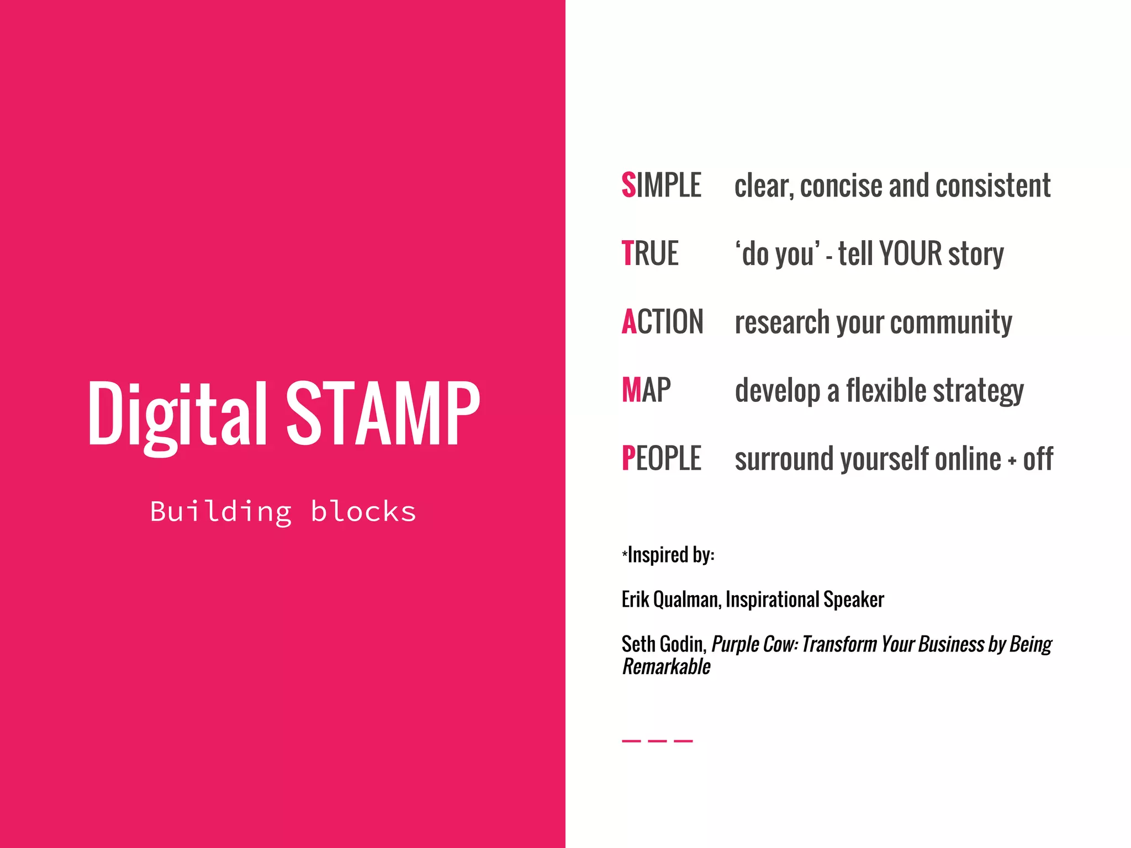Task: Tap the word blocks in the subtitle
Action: [363, 511]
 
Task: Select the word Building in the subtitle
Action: [221, 512]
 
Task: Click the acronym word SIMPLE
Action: [661, 185]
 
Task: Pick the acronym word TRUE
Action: [649, 253]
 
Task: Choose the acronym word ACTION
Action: [662, 322]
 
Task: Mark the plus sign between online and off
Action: [1012, 461]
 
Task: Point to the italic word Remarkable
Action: [666, 667]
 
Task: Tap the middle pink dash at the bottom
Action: [657, 741]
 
